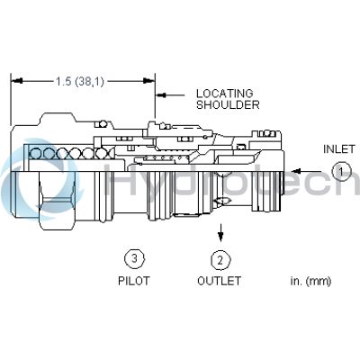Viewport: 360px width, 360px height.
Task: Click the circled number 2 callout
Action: (x=219, y=260)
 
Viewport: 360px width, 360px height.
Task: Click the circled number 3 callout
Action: (x=133, y=260)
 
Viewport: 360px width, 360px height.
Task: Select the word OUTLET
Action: (x=219, y=281)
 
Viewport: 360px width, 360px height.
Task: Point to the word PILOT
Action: (x=133, y=281)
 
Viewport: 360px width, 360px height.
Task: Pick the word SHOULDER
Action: (x=229, y=104)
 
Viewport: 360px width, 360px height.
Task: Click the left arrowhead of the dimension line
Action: (x=15, y=81)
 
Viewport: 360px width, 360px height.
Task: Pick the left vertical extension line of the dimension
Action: (x=12, y=99)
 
